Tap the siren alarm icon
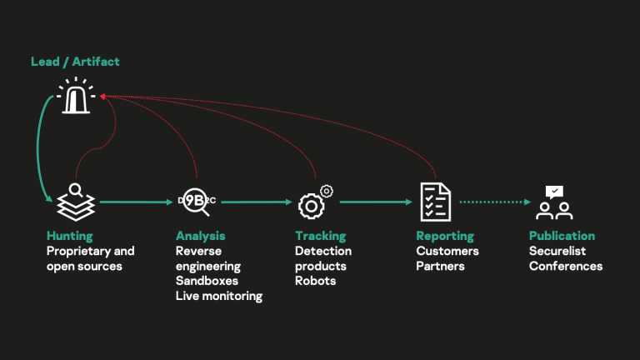pos(77,97)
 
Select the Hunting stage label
pos(70,236)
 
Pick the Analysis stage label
pos(200,236)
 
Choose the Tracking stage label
pos(320,236)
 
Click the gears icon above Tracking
pos(315,201)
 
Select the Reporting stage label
pos(445,236)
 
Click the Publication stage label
pos(562,236)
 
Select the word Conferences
pos(565,266)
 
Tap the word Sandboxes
pos(207,281)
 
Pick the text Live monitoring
pos(218,296)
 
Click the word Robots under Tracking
pos(315,281)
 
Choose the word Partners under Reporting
pos(440,266)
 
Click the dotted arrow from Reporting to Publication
pos(495,202)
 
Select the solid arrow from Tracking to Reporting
pos(376,202)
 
